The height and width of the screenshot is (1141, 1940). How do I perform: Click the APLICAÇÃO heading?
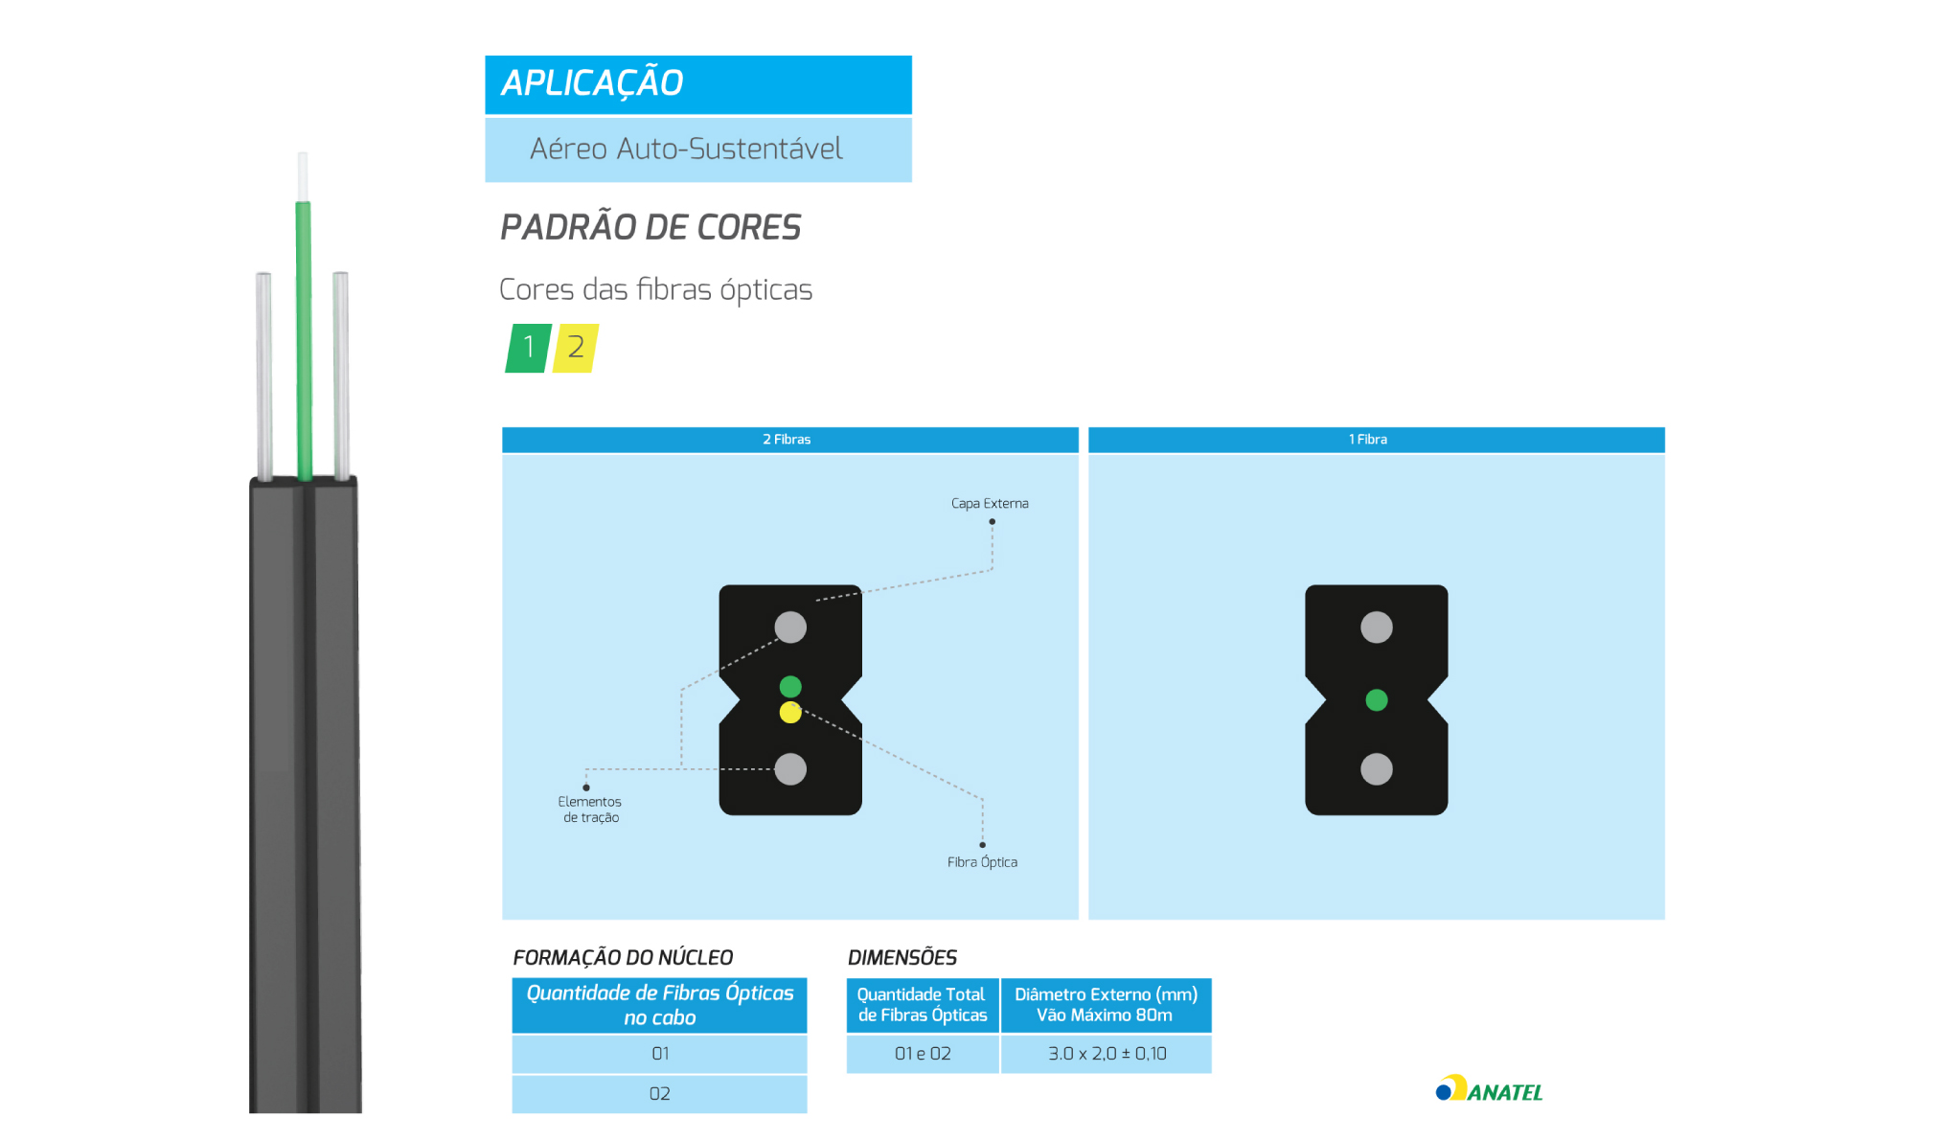point(592,83)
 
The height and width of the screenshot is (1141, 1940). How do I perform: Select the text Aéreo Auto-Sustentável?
point(686,148)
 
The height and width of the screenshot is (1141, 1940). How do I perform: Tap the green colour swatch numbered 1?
point(528,348)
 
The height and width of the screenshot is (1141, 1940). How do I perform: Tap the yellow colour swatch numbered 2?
point(576,348)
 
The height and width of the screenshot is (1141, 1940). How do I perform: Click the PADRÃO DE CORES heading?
point(650,227)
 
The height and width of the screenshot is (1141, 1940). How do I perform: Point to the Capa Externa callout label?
point(990,503)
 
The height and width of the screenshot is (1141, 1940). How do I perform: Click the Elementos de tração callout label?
point(590,810)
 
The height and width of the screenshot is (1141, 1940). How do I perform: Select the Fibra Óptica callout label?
point(982,862)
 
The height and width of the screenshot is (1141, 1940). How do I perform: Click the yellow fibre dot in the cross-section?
point(790,713)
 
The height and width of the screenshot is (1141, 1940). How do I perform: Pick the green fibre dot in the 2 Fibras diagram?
point(790,687)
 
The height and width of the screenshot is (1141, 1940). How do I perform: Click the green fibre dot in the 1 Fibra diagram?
point(1377,700)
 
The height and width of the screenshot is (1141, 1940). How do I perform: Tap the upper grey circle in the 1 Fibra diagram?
point(1377,628)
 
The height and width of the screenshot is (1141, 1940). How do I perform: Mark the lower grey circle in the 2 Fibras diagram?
point(790,769)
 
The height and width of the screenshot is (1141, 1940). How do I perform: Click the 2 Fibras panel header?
point(790,440)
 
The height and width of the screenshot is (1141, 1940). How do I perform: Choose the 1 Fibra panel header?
point(1377,440)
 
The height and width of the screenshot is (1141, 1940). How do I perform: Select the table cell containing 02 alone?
point(659,1094)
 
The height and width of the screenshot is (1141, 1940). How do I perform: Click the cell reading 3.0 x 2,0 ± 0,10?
point(1107,1054)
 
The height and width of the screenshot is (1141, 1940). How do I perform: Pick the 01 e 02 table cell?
point(923,1054)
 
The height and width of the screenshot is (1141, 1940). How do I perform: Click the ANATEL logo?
point(1490,1089)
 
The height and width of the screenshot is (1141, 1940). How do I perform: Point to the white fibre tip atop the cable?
point(303,176)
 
